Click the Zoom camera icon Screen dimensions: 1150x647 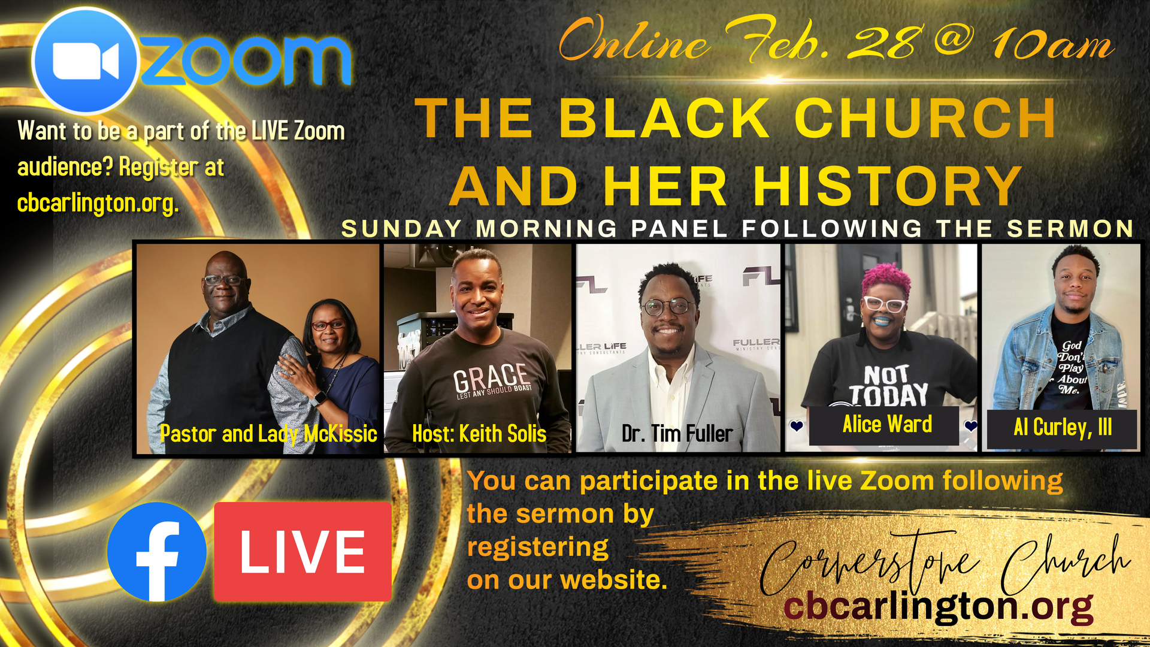pyautogui.click(x=86, y=61)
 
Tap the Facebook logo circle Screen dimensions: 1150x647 pyautogui.click(x=157, y=552)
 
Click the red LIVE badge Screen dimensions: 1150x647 pyautogui.click(x=302, y=551)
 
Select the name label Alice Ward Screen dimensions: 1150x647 pyautogui.click(x=887, y=424)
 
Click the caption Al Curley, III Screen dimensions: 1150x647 pyautogui.click(x=1063, y=427)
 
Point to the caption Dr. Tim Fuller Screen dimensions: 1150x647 pyautogui.click(x=677, y=433)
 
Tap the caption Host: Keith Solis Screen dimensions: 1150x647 pyautogui.click(x=479, y=433)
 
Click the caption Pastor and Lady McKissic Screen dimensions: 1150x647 pyautogui.click(x=268, y=434)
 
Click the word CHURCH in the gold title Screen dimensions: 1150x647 pyautogui.click(x=925, y=118)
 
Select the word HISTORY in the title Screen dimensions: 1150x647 pyautogui.click(x=888, y=186)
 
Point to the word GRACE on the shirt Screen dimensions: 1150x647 pyautogui.click(x=492, y=377)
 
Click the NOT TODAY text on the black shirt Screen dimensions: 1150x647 pyautogui.click(x=888, y=386)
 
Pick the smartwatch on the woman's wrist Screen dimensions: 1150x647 pyautogui.click(x=319, y=398)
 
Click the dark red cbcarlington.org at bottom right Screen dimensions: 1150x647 pyautogui.click(x=939, y=607)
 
